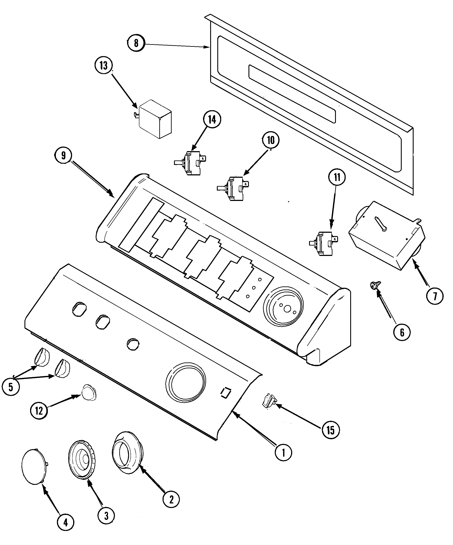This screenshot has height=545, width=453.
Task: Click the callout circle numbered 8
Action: (x=136, y=43)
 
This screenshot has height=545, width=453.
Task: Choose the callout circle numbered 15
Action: (x=330, y=430)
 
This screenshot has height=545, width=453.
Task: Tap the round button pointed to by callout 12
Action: (x=89, y=392)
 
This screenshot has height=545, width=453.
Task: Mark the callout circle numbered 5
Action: (x=11, y=387)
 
